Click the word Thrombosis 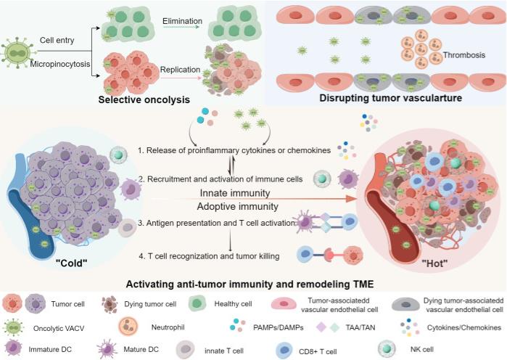[x=464, y=55]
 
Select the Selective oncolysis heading [x=144, y=99]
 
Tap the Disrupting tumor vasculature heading [x=391, y=98]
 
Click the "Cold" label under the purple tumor [x=72, y=263]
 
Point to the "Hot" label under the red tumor [x=434, y=263]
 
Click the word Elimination [x=182, y=21]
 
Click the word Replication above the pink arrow [x=180, y=70]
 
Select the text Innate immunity [x=235, y=193]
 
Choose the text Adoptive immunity [x=238, y=206]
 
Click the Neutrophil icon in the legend [x=128, y=327]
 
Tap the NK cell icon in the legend [x=387, y=348]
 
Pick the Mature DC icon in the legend [x=107, y=349]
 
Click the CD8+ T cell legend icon [x=284, y=351]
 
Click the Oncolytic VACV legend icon [x=13, y=327]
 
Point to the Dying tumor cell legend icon [x=110, y=304]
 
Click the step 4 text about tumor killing [x=209, y=256]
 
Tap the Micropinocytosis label [x=60, y=64]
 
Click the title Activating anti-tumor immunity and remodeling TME [x=250, y=284]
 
